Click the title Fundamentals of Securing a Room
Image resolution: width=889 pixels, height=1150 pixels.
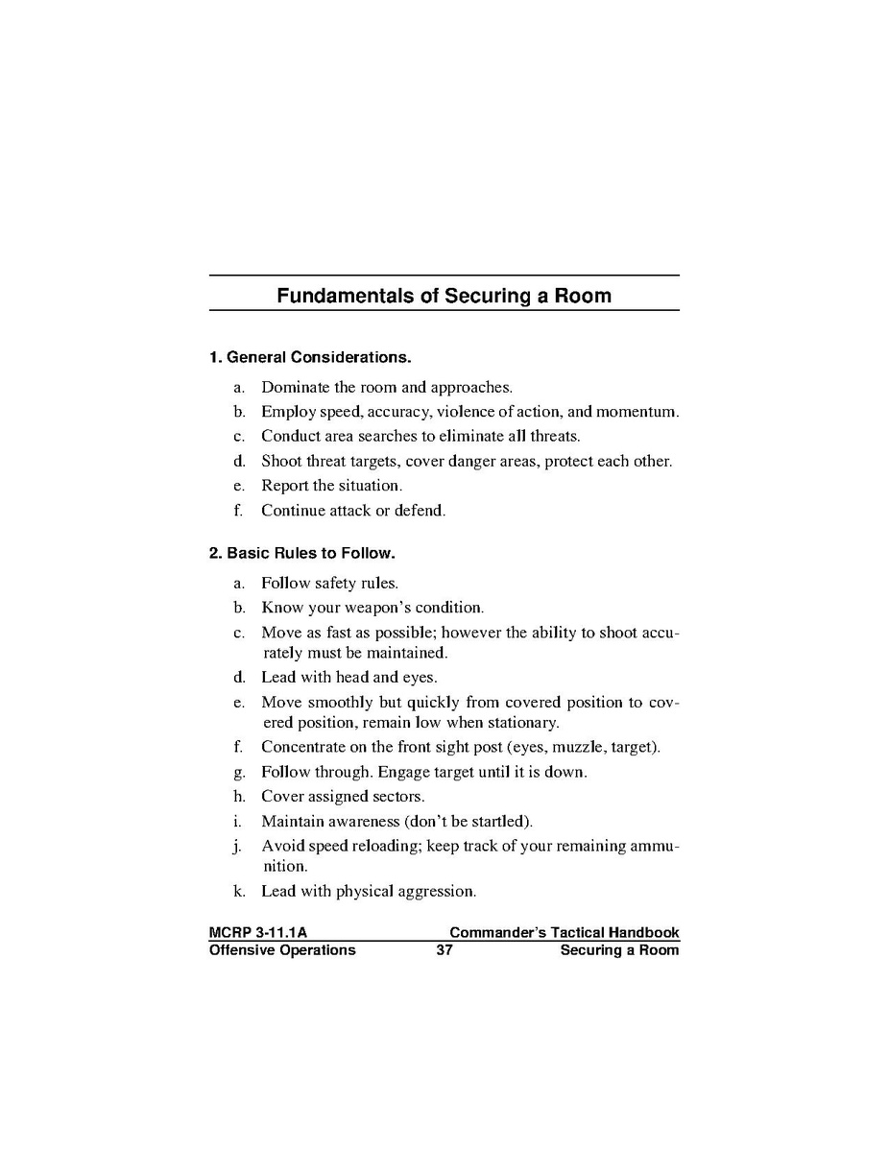(444, 296)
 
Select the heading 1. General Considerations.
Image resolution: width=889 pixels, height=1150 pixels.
(310, 358)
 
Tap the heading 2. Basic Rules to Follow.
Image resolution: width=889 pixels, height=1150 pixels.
(302, 554)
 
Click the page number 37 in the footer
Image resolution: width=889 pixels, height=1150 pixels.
(444, 950)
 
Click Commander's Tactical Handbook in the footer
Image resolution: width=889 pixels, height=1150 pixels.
(564, 932)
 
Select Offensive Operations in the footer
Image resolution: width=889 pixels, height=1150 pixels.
(282, 950)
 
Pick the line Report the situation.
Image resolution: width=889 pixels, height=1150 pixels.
(331, 486)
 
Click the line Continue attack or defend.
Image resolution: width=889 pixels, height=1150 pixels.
(353, 511)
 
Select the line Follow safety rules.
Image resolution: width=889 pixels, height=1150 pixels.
(329, 583)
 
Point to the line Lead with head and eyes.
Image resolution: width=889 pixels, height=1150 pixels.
(348, 677)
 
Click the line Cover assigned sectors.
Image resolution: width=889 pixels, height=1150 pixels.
(342, 797)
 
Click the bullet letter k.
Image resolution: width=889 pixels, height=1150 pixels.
(238, 891)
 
